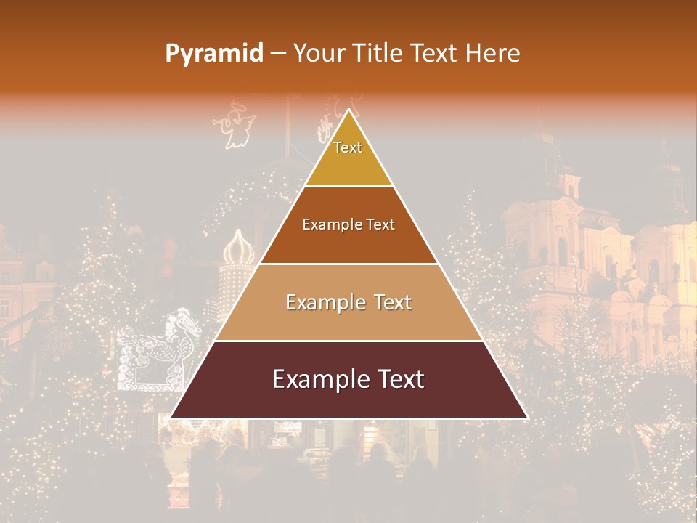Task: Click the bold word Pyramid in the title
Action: (214, 54)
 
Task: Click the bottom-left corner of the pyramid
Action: (171, 418)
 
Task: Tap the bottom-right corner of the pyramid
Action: (526, 418)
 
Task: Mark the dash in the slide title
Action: (278, 54)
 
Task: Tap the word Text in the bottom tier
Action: (400, 380)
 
